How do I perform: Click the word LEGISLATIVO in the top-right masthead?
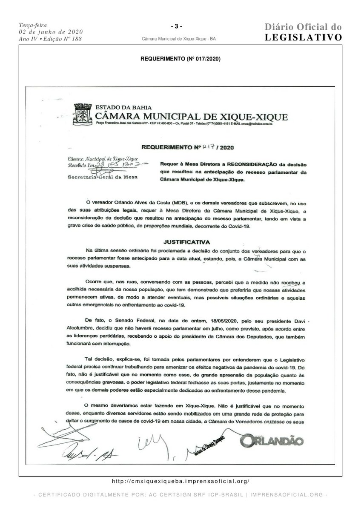point(303,37)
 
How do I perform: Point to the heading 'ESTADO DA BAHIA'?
point(123,108)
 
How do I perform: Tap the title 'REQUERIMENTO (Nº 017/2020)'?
point(180,59)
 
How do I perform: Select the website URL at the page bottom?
point(180,481)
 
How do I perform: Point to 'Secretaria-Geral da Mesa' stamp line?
point(103,177)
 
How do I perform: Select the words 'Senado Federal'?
point(133,320)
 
